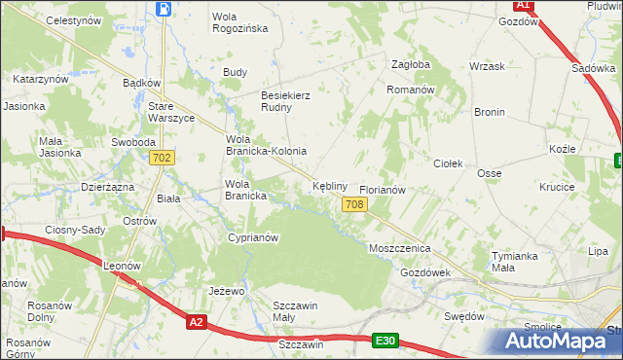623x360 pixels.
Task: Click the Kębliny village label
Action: point(328,185)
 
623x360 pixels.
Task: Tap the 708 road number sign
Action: point(354,203)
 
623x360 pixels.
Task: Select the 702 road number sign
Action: point(163,158)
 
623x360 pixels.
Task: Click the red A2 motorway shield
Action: point(197,321)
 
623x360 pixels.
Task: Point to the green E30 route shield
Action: point(385,341)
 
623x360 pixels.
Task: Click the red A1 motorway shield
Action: point(523,5)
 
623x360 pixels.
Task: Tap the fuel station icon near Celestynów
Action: point(163,9)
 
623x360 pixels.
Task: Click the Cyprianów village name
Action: point(252,237)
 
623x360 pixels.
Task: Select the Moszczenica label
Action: point(399,249)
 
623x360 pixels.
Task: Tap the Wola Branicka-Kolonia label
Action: point(266,145)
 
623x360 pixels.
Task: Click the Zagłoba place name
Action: point(410,64)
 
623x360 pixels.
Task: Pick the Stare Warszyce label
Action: point(170,112)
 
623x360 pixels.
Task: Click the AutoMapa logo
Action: point(559,341)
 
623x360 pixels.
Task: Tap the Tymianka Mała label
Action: point(516,262)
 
